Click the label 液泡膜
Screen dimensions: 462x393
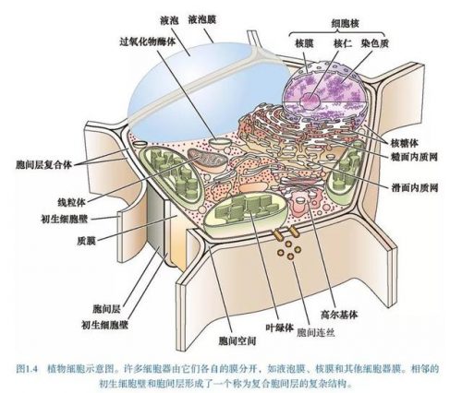[x=202, y=20]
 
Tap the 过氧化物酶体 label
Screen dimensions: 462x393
[x=148, y=42]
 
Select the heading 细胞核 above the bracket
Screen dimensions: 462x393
[x=345, y=24]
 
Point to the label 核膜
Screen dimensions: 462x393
[x=304, y=43]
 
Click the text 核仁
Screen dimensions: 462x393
[x=343, y=43]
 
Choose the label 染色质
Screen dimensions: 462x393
[x=375, y=43]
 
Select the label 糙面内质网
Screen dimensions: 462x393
[x=414, y=157]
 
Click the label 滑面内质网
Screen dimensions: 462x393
[x=414, y=187]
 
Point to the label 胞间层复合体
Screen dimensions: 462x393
[x=43, y=165]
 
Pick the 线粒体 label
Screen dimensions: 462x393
[x=71, y=202]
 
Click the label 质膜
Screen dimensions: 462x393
[x=86, y=240]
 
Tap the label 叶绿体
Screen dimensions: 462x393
[x=279, y=328]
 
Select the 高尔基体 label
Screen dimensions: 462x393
[x=339, y=315]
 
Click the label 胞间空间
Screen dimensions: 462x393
[x=237, y=340]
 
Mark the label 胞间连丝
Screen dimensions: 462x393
[x=316, y=332]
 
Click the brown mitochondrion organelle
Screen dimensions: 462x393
[x=208, y=160]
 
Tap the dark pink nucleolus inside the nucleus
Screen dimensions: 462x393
[x=310, y=100]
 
